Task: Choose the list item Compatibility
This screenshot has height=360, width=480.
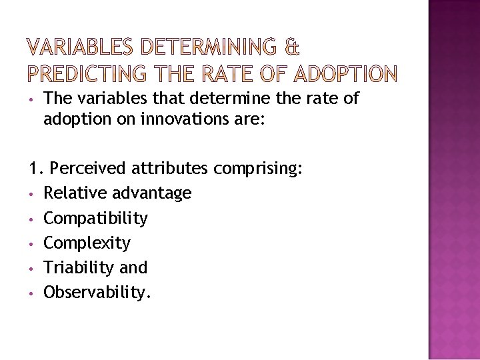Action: point(96,218)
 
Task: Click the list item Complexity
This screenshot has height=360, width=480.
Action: point(87,243)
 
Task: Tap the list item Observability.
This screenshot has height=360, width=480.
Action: point(97,292)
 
